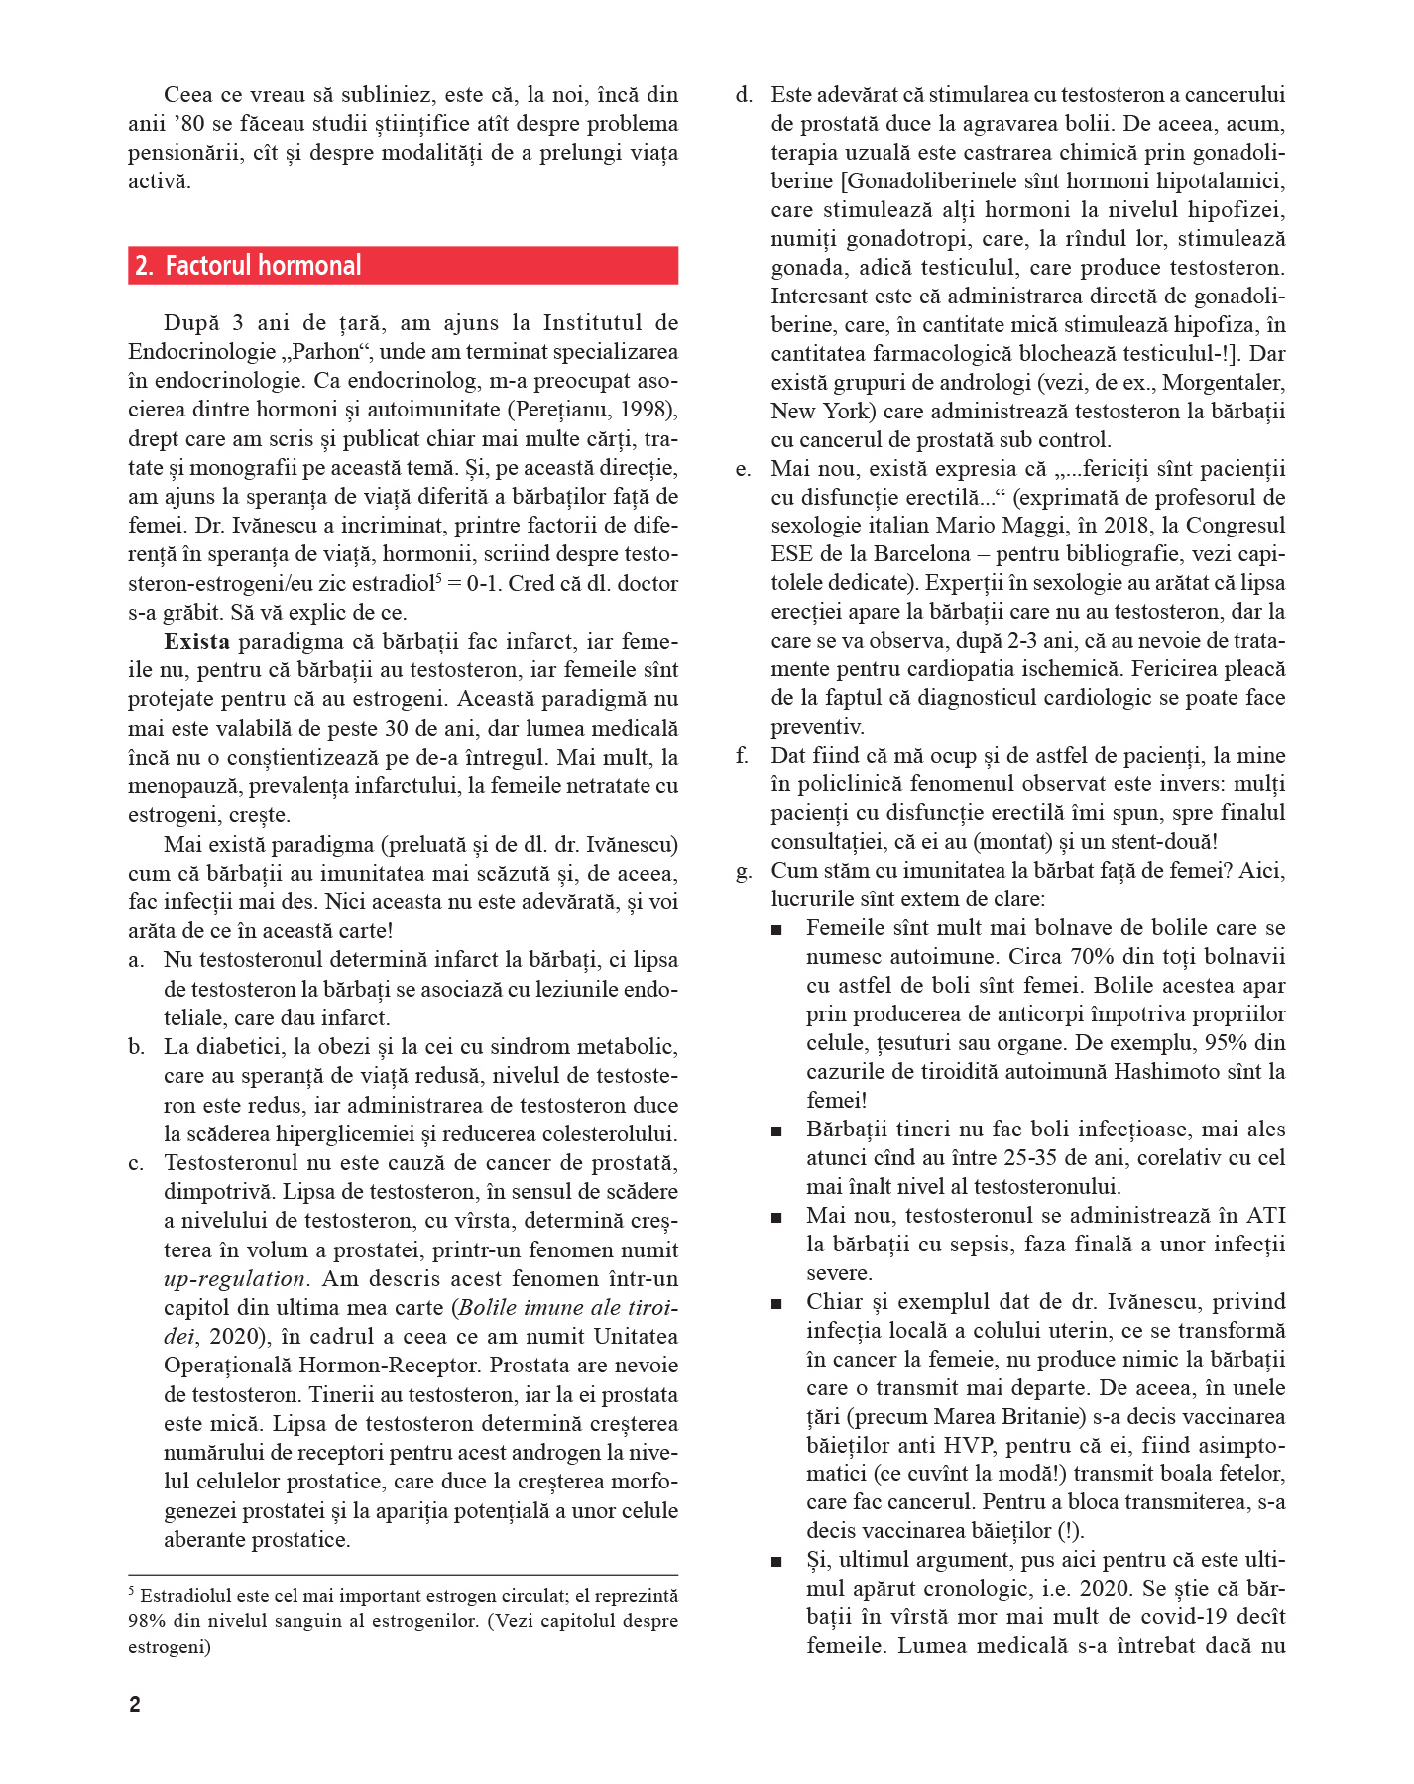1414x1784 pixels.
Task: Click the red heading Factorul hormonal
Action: pyautogui.click(x=263, y=266)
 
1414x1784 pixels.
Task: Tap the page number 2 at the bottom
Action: pyautogui.click(x=135, y=1704)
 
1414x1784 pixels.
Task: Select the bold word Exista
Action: pyautogui.click(x=196, y=642)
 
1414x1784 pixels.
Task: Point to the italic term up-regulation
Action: pyautogui.click(x=234, y=1279)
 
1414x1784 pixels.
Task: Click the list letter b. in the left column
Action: pyautogui.click(x=137, y=1047)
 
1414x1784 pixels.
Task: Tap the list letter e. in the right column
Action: pyautogui.click(x=744, y=469)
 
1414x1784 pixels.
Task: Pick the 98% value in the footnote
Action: pyautogui.click(x=146, y=1621)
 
